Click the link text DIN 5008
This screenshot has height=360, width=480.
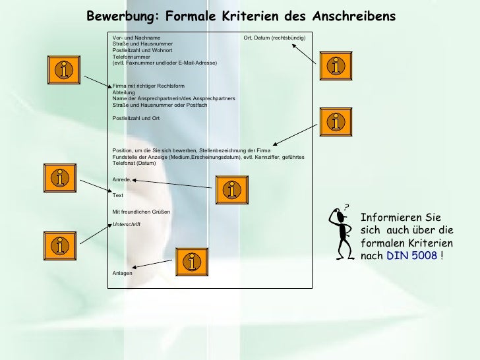411,255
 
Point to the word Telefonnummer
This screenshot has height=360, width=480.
131,56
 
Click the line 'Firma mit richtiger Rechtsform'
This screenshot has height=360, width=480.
148,86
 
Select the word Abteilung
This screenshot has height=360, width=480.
124,92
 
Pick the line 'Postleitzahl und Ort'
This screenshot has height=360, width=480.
136,117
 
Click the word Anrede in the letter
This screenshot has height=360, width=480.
121,179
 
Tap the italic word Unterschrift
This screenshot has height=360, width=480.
127,224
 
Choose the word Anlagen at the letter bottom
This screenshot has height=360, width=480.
123,273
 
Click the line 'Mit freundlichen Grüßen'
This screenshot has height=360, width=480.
141,211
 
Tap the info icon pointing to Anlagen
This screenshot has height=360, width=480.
191,262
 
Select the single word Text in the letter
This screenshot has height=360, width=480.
118,195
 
